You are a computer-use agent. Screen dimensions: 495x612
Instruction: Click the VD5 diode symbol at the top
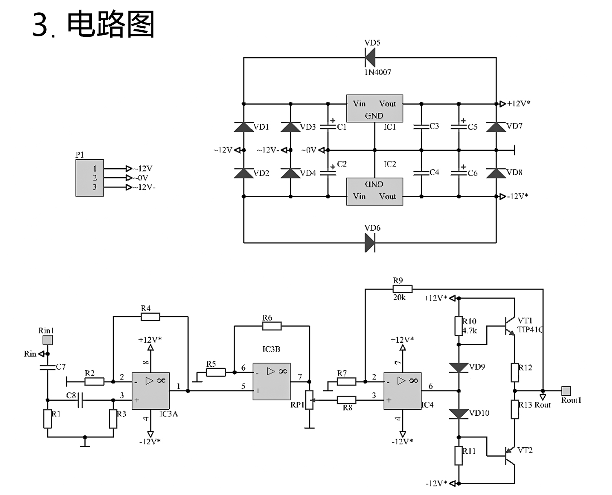pyautogui.click(x=370, y=58)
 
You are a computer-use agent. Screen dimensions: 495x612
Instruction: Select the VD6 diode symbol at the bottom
pyautogui.click(x=370, y=243)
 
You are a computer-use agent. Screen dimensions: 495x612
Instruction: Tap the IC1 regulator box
pyautogui.click(x=375, y=109)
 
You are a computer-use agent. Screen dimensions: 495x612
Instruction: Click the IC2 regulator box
pyautogui.click(x=375, y=192)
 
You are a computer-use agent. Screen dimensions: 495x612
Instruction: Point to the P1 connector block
pyautogui.click(x=89, y=178)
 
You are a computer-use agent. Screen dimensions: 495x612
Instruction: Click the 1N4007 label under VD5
pyautogui.click(x=378, y=72)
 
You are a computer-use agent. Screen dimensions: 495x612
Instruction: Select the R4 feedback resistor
pyautogui.click(x=150, y=317)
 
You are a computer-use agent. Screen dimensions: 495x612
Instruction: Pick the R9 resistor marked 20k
pyautogui.click(x=403, y=289)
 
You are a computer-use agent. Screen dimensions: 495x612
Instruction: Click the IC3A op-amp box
pyautogui.click(x=151, y=391)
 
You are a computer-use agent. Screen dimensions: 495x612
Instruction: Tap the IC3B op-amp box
pyautogui.click(x=272, y=381)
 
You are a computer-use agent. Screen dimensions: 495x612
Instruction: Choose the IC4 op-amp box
pyautogui.click(x=402, y=391)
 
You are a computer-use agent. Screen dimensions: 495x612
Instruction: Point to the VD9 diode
pyautogui.click(x=459, y=368)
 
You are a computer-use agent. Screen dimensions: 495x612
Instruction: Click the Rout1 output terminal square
pyautogui.click(x=566, y=391)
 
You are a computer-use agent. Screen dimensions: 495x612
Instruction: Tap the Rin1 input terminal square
pyautogui.click(x=48, y=340)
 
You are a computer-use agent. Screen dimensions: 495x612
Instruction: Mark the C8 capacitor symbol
pyautogui.click(x=80, y=400)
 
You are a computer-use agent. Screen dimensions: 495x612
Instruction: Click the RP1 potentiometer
pyautogui.click(x=310, y=400)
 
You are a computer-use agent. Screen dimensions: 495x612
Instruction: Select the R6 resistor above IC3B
pyautogui.click(x=272, y=326)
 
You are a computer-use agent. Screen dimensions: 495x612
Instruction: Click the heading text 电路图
pyautogui.click(x=111, y=25)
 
